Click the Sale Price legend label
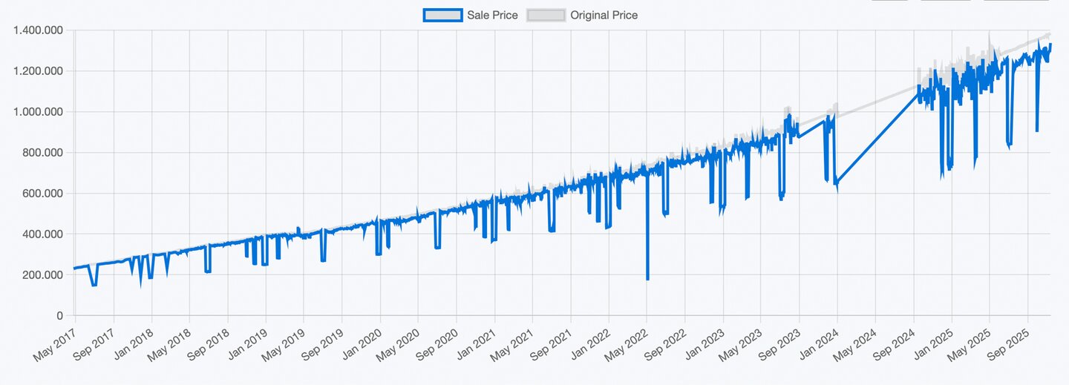(492, 15)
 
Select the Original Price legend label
(604, 15)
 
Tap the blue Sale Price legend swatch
(442, 15)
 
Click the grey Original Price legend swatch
(546, 15)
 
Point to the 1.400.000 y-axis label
(38, 30)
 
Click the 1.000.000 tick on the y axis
(38, 112)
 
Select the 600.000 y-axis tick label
(42, 194)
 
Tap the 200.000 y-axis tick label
(42, 275)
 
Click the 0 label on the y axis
(60, 316)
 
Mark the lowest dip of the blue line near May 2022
(647, 279)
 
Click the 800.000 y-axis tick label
(42, 153)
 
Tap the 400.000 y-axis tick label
(42, 234)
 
